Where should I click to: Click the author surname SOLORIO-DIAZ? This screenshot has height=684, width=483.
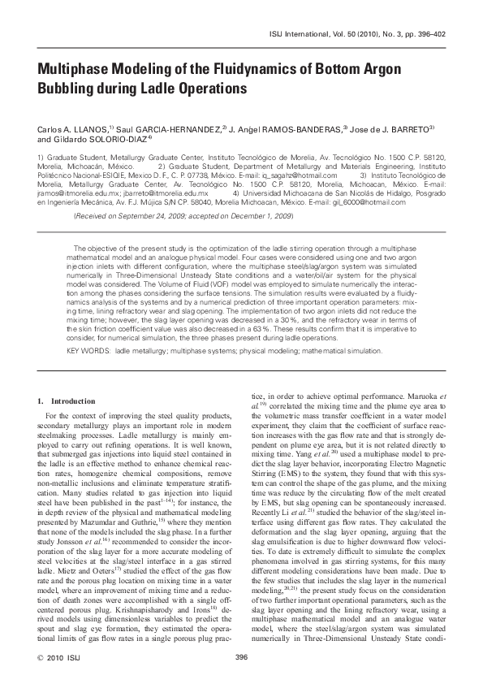pyautogui.click(x=103, y=139)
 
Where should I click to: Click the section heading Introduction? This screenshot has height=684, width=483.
pyautogui.click(x=75, y=401)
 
